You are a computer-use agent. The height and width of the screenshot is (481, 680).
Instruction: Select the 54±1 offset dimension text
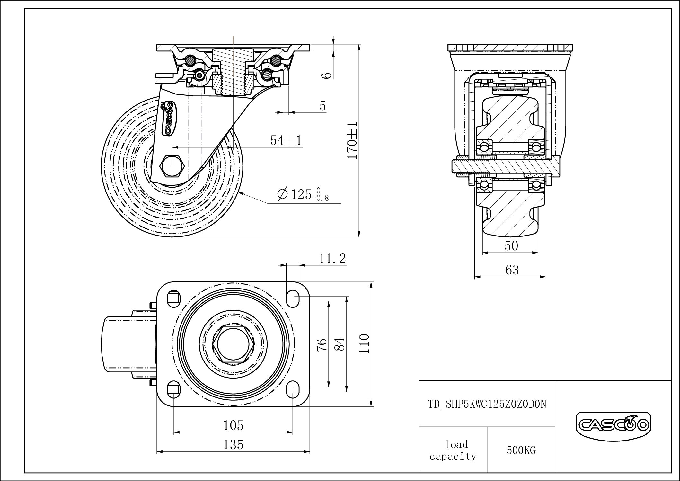point(286,140)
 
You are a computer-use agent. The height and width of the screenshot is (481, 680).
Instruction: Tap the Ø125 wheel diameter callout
point(303,194)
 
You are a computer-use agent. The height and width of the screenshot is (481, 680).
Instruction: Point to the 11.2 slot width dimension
point(332,258)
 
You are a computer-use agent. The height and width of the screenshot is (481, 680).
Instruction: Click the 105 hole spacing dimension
point(234,425)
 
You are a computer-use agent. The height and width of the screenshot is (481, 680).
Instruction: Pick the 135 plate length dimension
point(234,445)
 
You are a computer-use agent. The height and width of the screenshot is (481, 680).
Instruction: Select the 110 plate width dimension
point(364,344)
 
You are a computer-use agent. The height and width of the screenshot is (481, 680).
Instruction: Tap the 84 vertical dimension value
point(340,344)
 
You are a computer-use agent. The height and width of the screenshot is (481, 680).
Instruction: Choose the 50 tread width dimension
point(511,246)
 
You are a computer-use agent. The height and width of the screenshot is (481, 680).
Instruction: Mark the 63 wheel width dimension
point(512,270)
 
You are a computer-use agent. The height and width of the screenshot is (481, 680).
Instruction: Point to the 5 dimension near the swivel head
point(323,106)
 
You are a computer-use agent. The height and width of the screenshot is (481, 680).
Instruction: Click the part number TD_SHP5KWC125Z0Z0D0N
point(487,404)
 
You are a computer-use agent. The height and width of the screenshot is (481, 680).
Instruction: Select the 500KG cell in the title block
point(521,450)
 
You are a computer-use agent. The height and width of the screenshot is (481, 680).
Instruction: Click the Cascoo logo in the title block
point(613,425)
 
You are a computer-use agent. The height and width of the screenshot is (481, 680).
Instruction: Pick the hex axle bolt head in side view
point(172,165)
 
